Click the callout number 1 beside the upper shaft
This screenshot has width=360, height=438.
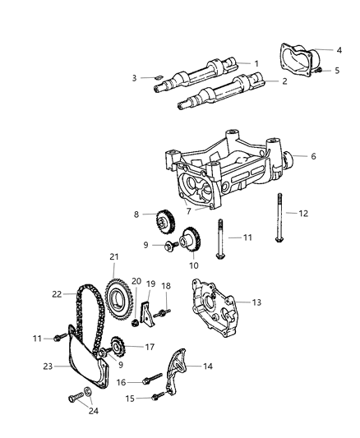pos(256,63)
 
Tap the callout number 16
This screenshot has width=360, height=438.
pos(120,382)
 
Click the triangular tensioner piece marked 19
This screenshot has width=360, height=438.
pos(145,314)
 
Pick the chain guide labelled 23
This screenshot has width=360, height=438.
pos(83,371)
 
